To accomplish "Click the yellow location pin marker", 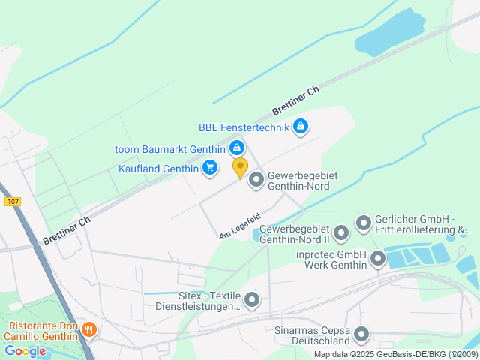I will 240,166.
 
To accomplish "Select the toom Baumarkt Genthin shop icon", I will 236,148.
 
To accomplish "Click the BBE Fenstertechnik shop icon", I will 301,126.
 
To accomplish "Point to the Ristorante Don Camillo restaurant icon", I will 89,329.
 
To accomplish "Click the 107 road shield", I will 12,202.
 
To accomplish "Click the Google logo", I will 25,351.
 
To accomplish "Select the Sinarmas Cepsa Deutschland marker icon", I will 362,334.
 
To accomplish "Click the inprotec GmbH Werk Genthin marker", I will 377,259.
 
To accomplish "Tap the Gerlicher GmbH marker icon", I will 364,223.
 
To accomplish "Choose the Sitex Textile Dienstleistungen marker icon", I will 252,301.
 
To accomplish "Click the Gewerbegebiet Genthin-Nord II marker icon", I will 341,233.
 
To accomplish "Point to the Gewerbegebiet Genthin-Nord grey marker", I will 256,180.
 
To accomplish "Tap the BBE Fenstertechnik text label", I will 244,127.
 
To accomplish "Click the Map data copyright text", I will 396,354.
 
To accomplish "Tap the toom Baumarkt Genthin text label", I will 169,148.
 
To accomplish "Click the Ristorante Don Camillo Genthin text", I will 43,331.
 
